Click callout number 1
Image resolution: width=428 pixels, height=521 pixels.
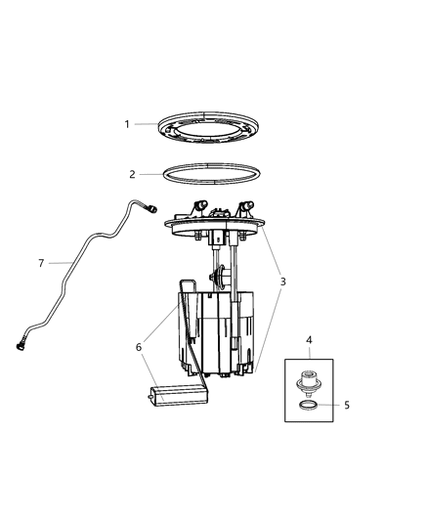[127, 124]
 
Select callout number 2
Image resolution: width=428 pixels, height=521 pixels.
[133, 174]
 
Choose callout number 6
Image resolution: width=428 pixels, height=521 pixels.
[140, 346]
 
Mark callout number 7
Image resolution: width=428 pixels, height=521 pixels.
[41, 263]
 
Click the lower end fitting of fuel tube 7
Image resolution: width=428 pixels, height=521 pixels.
[21, 343]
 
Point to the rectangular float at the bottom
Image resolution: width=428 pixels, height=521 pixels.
[174, 396]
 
